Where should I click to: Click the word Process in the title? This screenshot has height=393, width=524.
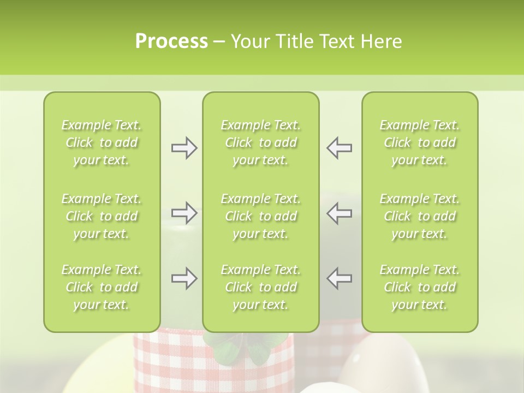pos(171,41)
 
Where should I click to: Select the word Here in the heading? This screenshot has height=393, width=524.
pos(381,41)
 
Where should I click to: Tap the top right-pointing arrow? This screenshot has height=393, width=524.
pos(184,148)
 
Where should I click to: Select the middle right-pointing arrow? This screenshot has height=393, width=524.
pos(184,213)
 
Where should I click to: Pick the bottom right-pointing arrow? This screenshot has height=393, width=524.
pos(184,278)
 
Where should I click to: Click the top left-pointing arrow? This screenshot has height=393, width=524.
pos(339,148)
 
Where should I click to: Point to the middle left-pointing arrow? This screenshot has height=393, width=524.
pos(339,213)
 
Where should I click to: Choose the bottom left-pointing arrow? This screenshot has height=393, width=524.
pos(339,278)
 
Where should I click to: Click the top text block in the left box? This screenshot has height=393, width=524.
pos(102,142)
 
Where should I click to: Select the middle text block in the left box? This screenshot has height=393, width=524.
pos(102,216)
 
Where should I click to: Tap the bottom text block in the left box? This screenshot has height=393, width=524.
pos(102,287)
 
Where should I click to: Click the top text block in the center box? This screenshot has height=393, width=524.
pos(261,142)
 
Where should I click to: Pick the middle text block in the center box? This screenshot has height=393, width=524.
pos(261,216)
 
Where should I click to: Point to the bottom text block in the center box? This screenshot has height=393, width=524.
pos(261,287)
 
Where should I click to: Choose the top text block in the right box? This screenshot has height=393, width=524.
pos(420,142)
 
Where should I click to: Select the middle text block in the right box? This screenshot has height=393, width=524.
pos(420,216)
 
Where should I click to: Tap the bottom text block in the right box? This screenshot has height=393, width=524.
pos(420,287)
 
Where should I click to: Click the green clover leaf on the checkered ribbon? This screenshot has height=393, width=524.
pos(229,349)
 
